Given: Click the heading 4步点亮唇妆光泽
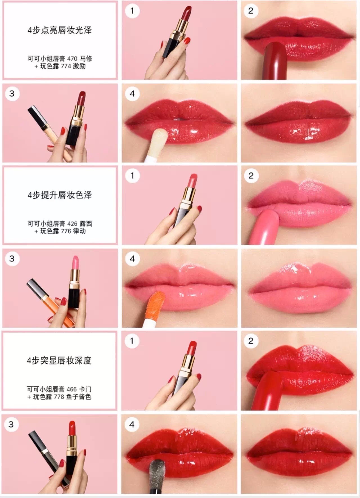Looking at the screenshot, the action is (x=59, y=30).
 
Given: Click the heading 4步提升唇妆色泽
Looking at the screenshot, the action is (x=59, y=195).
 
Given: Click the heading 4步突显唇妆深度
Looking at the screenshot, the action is (x=59, y=360).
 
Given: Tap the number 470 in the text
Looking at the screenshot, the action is (x=72, y=59).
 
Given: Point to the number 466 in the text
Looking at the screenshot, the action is (x=72, y=389).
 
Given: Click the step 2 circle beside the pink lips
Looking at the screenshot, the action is (x=251, y=176).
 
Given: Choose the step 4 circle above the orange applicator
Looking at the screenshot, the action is (x=132, y=259).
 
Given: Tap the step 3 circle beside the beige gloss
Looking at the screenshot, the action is (x=12, y=94).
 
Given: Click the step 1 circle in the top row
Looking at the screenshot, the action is (x=132, y=11).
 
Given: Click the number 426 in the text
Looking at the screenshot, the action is (x=72, y=224).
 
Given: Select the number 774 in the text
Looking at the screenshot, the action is (x=66, y=66).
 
